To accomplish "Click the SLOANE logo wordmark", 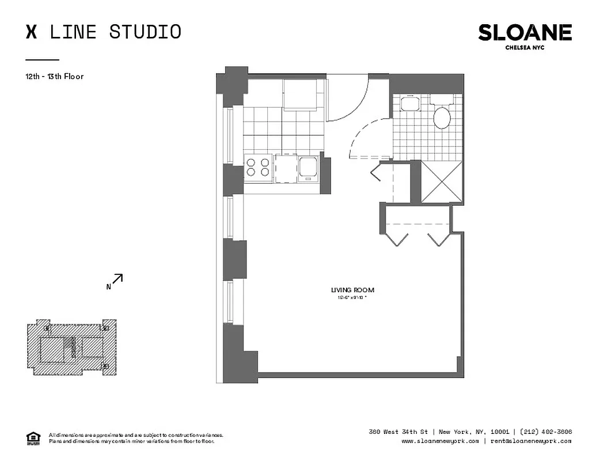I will (x=525, y=33).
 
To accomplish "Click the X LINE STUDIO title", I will (x=104, y=32).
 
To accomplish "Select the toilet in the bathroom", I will (x=442, y=117).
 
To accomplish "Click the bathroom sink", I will (x=409, y=104).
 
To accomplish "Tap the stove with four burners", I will (x=258, y=167).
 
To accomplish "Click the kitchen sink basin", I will (x=308, y=168).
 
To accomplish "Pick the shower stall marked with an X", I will (x=442, y=182).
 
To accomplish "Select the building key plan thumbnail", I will (x=71, y=348).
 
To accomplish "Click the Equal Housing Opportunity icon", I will (x=34, y=438).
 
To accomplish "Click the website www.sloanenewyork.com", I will (x=440, y=441).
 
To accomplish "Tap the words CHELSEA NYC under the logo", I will (x=525, y=48).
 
